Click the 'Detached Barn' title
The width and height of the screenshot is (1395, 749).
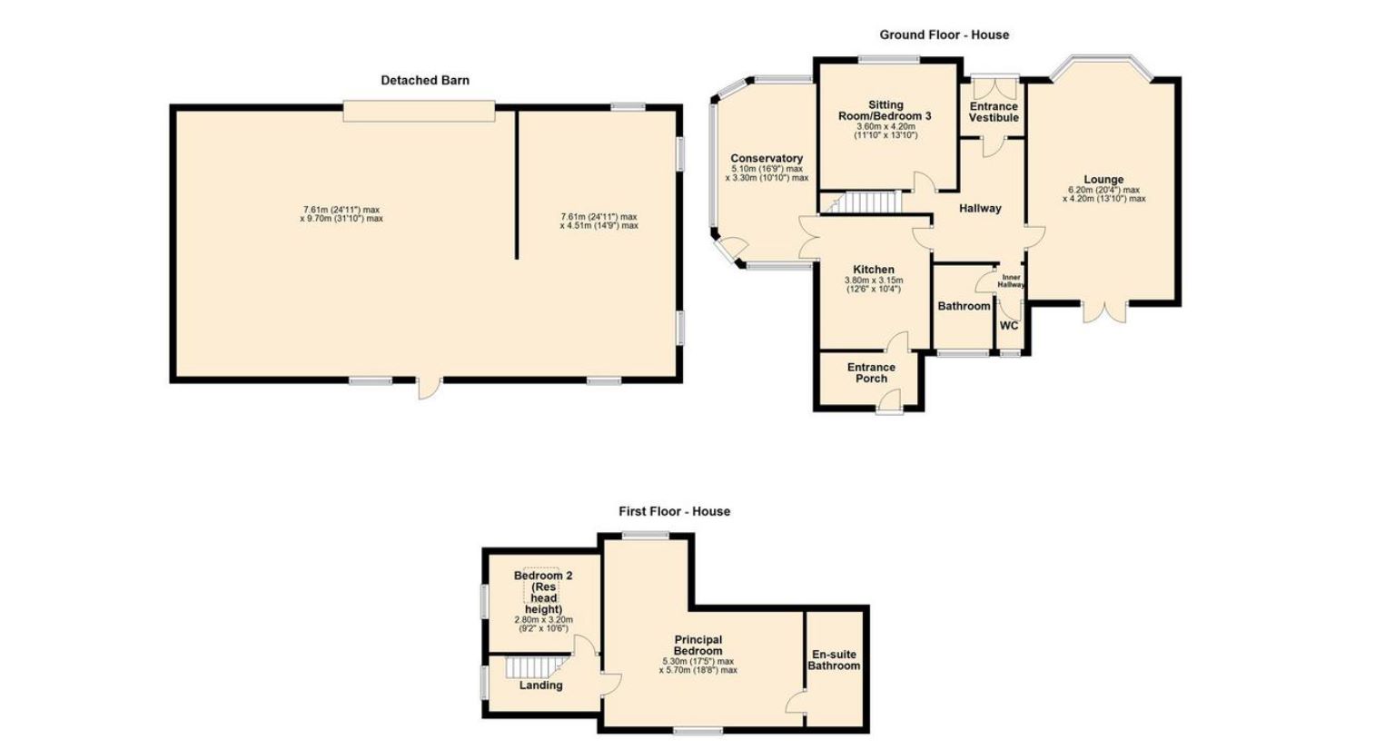pyautogui.click(x=425, y=80)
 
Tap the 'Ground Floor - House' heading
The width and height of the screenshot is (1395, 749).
pyautogui.click(x=945, y=34)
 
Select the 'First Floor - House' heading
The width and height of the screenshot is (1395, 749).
pyautogui.click(x=675, y=511)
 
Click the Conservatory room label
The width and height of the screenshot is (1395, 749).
pyautogui.click(x=767, y=158)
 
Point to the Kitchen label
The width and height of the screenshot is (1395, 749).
pyautogui.click(x=873, y=270)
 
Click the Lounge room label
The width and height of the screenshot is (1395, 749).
pyautogui.click(x=1103, y=180)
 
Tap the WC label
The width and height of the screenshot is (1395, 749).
pyautogui.click(x=1009, y=326)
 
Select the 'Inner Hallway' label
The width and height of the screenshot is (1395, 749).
pyautogui.click(x=1011, y=281)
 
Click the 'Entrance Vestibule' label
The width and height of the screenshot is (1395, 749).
pyautogui.click(x=994, y=112)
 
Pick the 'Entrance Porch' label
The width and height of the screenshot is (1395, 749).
pyautogui.click(x=871, y=373)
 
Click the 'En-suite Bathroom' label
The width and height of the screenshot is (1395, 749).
pyautogui.click(x=834, y=660)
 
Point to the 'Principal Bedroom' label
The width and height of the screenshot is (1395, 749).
pyautogui.click(x=698, y=645)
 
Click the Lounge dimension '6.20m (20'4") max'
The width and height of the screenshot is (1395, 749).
pyautogui.click(x=1103, y=190)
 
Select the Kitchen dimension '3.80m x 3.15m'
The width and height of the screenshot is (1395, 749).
pyautogui.click(x=873, y=281)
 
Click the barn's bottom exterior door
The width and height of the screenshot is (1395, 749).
pyautogui.click(x=430, y=388)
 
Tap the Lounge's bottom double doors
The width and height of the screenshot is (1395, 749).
pyautogui.click(x=1104, y=311)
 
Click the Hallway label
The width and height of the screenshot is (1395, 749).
pyautogui.click(x=980, y=209)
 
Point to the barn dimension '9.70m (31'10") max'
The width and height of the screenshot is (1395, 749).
pyautogui.click(x=341, y=219)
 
